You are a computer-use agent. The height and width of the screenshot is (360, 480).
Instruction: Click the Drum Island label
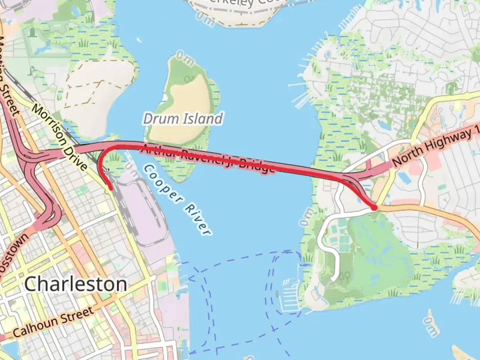[183, 119]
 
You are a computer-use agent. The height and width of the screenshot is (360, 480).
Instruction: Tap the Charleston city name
[76, 284]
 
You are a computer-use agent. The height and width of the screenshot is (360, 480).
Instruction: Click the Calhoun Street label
[53, 322]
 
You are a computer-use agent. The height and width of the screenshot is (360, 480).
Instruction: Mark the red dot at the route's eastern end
[374, 207]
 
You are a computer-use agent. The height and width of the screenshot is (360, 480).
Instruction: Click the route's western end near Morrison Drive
[110, 189]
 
